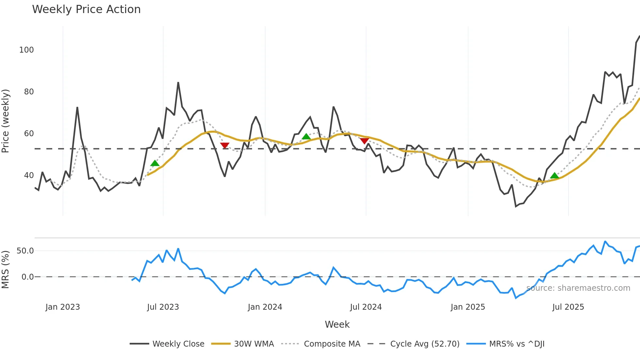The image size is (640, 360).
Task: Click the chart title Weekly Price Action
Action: (86, 9)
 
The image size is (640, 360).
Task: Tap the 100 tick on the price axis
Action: (26, 50)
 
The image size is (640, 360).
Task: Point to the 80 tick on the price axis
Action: (29, 92)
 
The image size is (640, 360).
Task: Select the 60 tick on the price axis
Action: (29, 134)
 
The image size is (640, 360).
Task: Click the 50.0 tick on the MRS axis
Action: (25, 251)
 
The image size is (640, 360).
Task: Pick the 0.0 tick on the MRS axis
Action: (27, 277)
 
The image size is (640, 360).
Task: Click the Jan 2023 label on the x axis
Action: (63, 307)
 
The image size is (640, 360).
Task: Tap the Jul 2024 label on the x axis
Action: (366, 307)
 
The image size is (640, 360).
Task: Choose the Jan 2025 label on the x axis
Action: (468, 307)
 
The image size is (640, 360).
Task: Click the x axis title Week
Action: (337, 324)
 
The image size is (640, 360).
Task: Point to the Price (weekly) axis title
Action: (6, 121)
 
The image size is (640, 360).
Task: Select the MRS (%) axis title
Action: (6, 270)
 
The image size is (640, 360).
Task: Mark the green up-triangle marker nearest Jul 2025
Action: (554, 176)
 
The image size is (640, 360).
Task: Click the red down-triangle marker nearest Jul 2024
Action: (364, 141)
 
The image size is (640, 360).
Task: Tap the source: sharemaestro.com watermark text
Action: (578, 288)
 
